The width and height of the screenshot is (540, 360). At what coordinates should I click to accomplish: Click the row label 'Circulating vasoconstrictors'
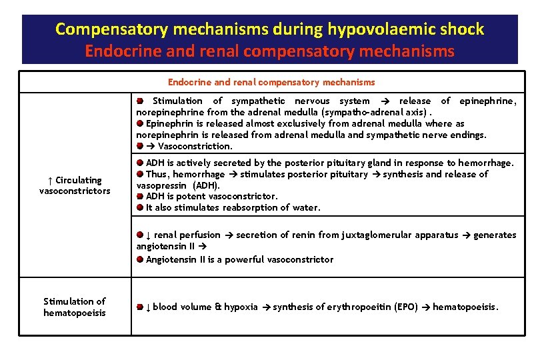(75, 185)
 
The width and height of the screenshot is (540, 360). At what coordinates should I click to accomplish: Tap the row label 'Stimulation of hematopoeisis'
(75, 307)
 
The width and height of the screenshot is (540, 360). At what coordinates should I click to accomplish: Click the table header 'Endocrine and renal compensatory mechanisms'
(271, 82)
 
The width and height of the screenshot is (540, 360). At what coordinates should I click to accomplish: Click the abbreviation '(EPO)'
(405, 307)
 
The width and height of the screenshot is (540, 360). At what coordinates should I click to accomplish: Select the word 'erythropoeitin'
(357, 307)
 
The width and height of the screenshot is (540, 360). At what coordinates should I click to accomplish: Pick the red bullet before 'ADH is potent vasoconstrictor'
(140, 196)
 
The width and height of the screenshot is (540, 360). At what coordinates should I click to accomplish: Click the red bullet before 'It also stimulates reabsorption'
(140, 207)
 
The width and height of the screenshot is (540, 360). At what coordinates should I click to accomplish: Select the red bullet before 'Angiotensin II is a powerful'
(140, 259)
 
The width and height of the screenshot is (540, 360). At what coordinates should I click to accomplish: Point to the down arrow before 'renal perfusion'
(149, 235)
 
